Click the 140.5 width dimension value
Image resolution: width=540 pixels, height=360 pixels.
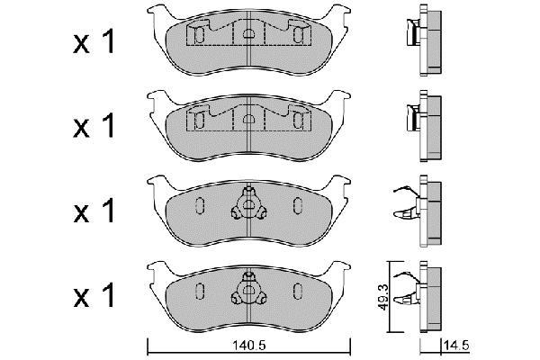[248, 346]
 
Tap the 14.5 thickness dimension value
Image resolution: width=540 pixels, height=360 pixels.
[456, 346]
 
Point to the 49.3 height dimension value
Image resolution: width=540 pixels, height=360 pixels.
[383, 297]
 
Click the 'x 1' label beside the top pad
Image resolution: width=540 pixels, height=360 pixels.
[94, 41]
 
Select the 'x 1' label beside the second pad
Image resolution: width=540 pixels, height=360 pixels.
[94, 126]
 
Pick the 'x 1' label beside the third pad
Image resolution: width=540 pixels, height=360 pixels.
[94, 210]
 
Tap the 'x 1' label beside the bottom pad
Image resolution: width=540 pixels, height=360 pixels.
[94, 295]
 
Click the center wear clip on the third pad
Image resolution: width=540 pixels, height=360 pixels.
[248, 204]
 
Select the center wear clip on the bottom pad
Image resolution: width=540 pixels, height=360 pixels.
[248, 290]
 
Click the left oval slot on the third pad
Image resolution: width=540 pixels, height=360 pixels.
[200, 206]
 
